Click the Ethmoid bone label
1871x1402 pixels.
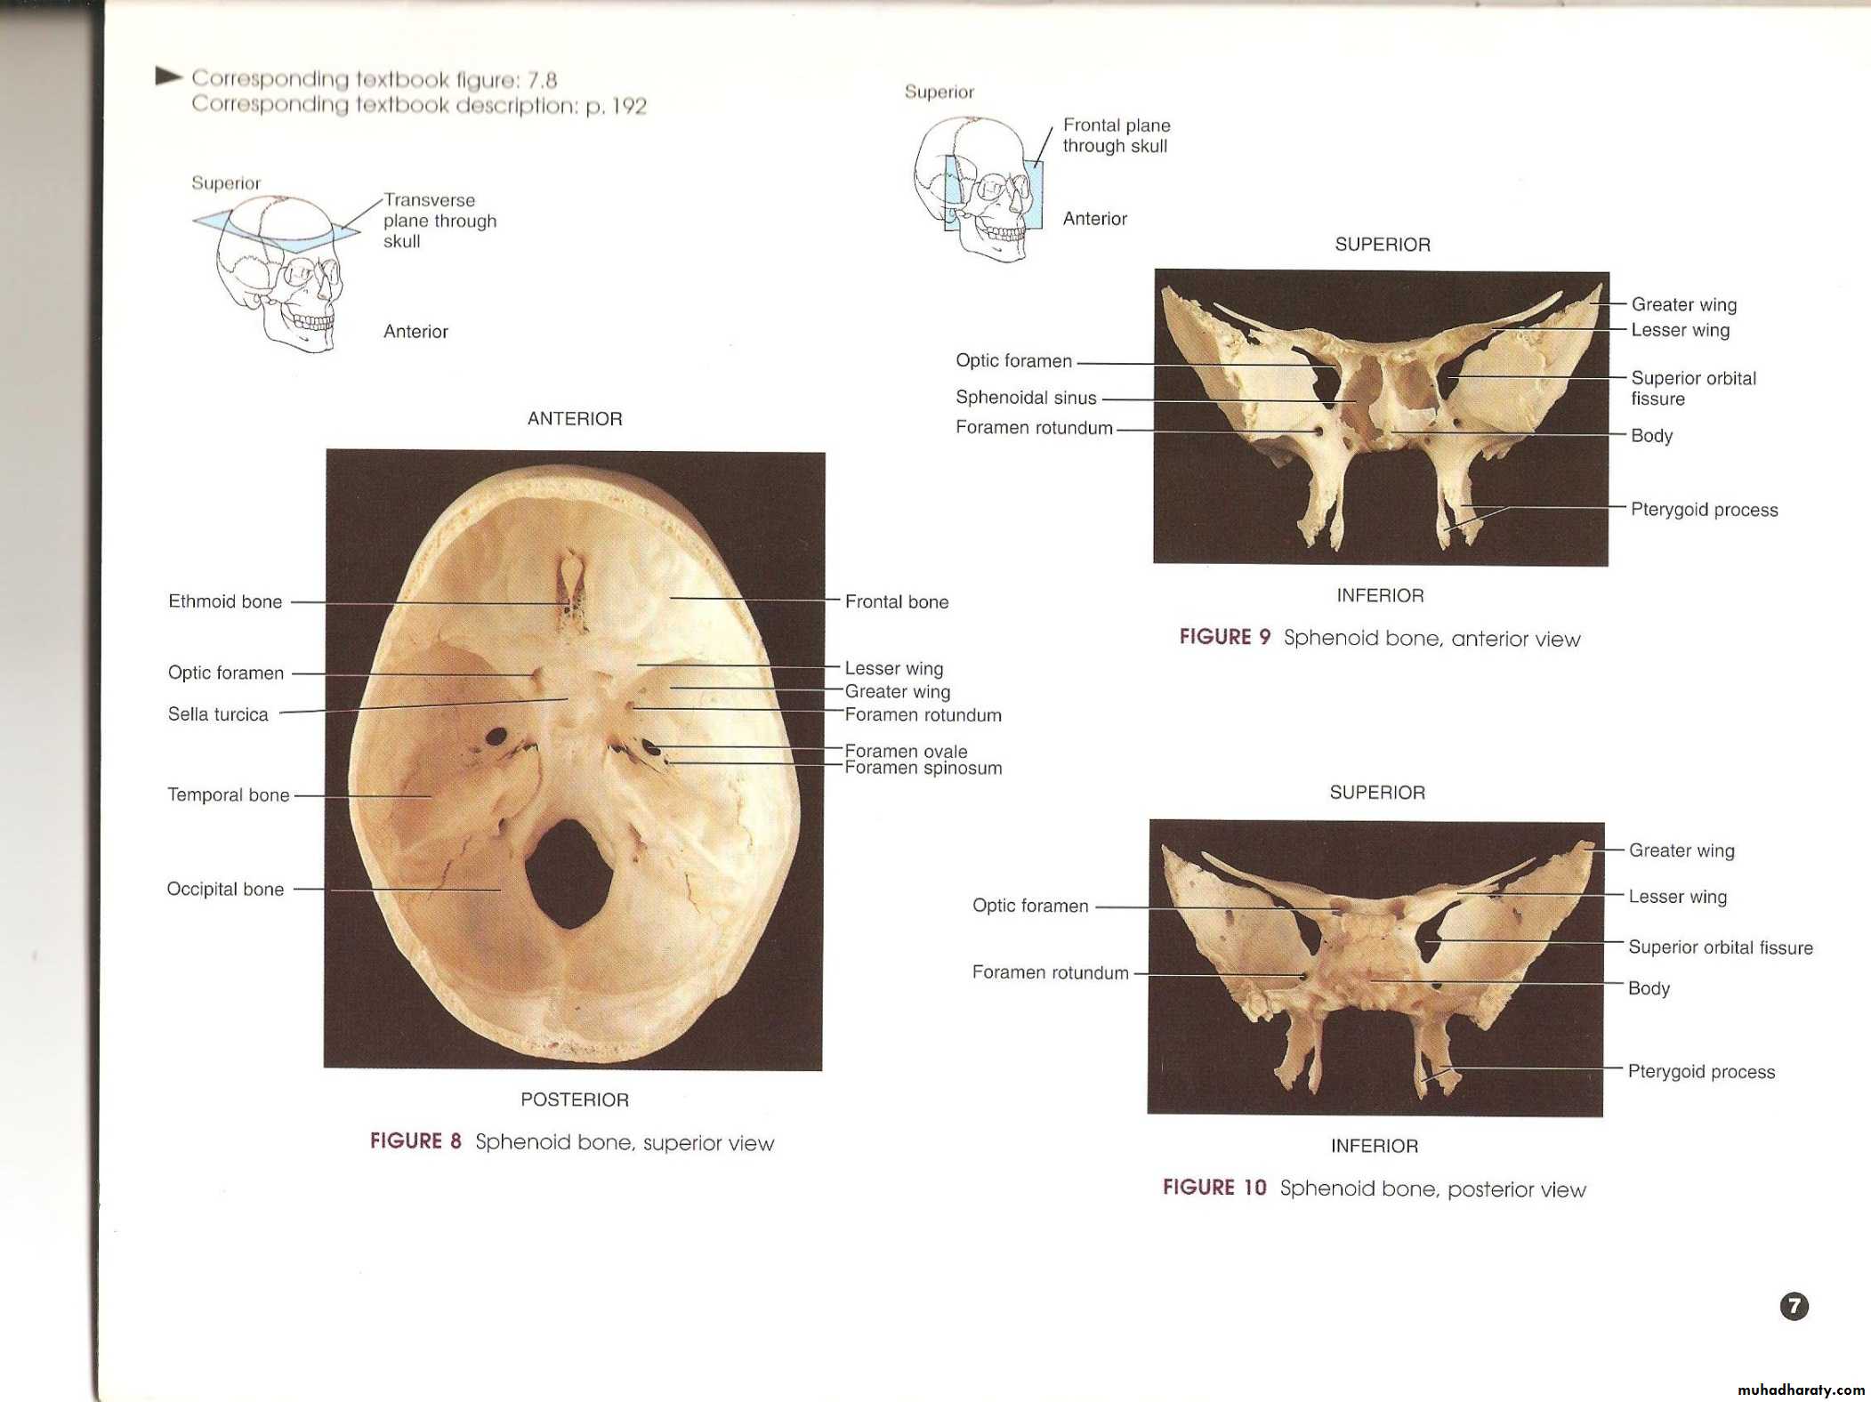[x=225, y=601]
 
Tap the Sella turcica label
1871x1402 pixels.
[x=218, y=714]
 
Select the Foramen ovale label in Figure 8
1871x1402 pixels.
[x=906, y=751]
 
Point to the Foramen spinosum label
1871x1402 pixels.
[x=923, y=768]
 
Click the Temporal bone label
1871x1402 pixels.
[x=229, y=794]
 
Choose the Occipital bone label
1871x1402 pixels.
[x=225, y=889]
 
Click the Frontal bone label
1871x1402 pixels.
[x=897, y=601]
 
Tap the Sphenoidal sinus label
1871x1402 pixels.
[x=1026, y=398]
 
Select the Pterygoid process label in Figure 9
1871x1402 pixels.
[x=1704, y=510]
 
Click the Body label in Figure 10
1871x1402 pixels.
[x=1649, y=988]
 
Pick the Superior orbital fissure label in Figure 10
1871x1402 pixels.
[x=1720, y=947]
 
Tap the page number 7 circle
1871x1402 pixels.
[x=1794, y=1306]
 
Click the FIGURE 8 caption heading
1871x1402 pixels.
[x=415, y=1141]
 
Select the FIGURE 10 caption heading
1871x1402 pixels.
[x=1214, y=1188]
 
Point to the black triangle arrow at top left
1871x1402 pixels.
[x=168, y=77]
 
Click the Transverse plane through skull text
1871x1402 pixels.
[x=440, y=221]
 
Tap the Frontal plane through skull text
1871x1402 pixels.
[x=1117, y=135]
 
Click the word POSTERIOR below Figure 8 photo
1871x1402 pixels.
[x=575, y=1100]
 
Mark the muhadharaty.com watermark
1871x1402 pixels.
[x=1801, y=1390]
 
